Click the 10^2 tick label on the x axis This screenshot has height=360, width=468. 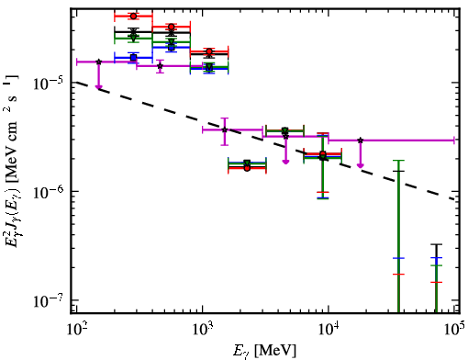click(x=77, y=329)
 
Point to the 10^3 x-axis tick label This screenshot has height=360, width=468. click(x=203, y=329)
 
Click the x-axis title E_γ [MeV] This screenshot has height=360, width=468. click(x=265, y=350)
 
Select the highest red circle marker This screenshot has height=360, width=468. click(x=133, y=16)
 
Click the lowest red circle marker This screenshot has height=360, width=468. click(x=247, y=168)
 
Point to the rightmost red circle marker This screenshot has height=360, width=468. click(x=323, y=154)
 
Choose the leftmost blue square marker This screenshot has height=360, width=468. click(x=133, y=58)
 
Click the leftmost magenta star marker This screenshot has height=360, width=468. click(x=98, y=62)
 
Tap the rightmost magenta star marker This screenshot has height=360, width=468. click(x=361, y=141)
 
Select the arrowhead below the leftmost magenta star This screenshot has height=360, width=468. click(x=98, y=87)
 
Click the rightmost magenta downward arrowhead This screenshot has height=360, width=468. click(x=361, y=165)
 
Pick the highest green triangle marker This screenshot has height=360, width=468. click(x=133, y=38)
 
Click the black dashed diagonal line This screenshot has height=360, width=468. click(x=265, y=141)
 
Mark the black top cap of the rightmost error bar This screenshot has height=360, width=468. click(x=437, y=244)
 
